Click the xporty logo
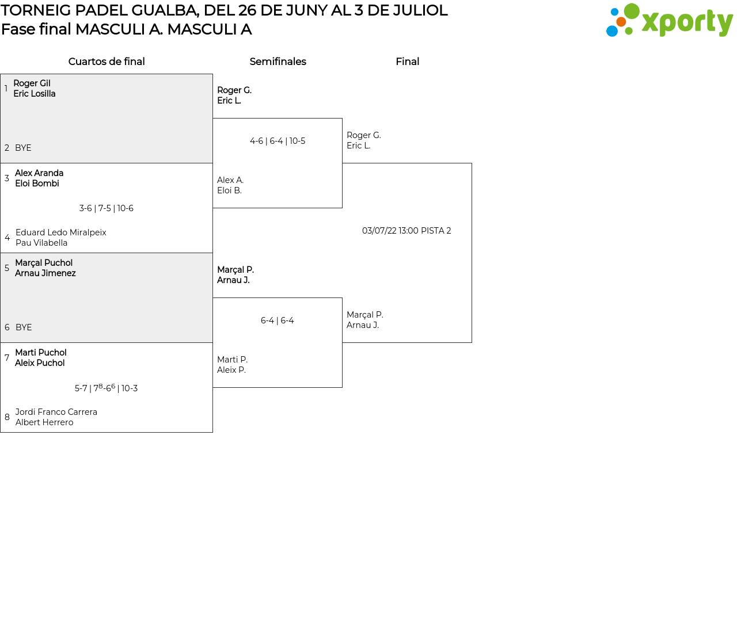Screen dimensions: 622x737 (669, 21)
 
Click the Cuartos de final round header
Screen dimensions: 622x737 (107, 62)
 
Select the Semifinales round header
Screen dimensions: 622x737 (278, 62)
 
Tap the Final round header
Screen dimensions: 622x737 (407, 62)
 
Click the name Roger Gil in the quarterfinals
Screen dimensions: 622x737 (32, 83)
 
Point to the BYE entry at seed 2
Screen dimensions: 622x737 (23, 148)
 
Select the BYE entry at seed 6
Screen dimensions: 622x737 (24, 327)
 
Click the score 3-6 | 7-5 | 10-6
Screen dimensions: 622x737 (107, 208)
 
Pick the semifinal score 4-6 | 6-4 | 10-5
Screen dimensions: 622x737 (278, 141)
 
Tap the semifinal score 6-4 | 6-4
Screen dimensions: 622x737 (278, 320)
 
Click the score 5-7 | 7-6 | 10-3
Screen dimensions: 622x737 (107, 388)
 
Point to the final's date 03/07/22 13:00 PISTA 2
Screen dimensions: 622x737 (407, 231)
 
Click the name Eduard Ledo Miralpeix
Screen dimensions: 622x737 (61, 232)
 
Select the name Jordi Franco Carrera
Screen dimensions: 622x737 (56, 412)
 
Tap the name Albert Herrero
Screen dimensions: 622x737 (44, 422)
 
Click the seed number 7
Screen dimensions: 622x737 (7, 358)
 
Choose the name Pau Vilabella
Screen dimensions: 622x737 (41, 243)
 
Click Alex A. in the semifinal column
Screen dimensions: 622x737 (230, 180)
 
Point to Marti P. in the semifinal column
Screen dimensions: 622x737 (232, 360)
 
